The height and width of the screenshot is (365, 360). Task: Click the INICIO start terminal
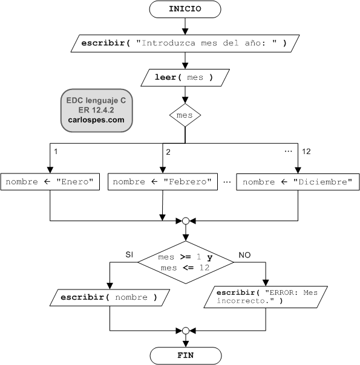[185, 9]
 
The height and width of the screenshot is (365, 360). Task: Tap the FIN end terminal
[186, 356]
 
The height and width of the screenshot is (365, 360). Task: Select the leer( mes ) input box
[185, 77]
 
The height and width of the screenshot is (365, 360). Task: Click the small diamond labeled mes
[185, 115]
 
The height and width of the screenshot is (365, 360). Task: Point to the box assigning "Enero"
[50, 181]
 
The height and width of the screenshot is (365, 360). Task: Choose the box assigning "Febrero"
[163, 181]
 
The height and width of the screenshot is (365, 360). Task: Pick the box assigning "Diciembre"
[298, 182]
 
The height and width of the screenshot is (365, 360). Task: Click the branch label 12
[306, 152]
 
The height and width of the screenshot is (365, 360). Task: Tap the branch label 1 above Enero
[56, 152]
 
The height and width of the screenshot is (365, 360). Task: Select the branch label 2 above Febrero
[168, 152]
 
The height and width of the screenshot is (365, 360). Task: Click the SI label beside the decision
[129, 254]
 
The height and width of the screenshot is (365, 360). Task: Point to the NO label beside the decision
[244, 255]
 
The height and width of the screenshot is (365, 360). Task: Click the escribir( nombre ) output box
[110, 297]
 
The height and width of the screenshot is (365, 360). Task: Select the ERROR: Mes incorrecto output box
[266, 297]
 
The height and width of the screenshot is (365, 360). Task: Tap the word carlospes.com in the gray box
[96, 120]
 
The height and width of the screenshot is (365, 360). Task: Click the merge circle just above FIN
[186, 331]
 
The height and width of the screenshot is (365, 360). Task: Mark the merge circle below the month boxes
[186, 221]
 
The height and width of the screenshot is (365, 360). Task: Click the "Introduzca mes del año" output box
[185, 44]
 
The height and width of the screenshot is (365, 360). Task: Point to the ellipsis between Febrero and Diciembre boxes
[227, 182]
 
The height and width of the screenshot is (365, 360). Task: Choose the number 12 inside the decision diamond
[205, 268]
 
